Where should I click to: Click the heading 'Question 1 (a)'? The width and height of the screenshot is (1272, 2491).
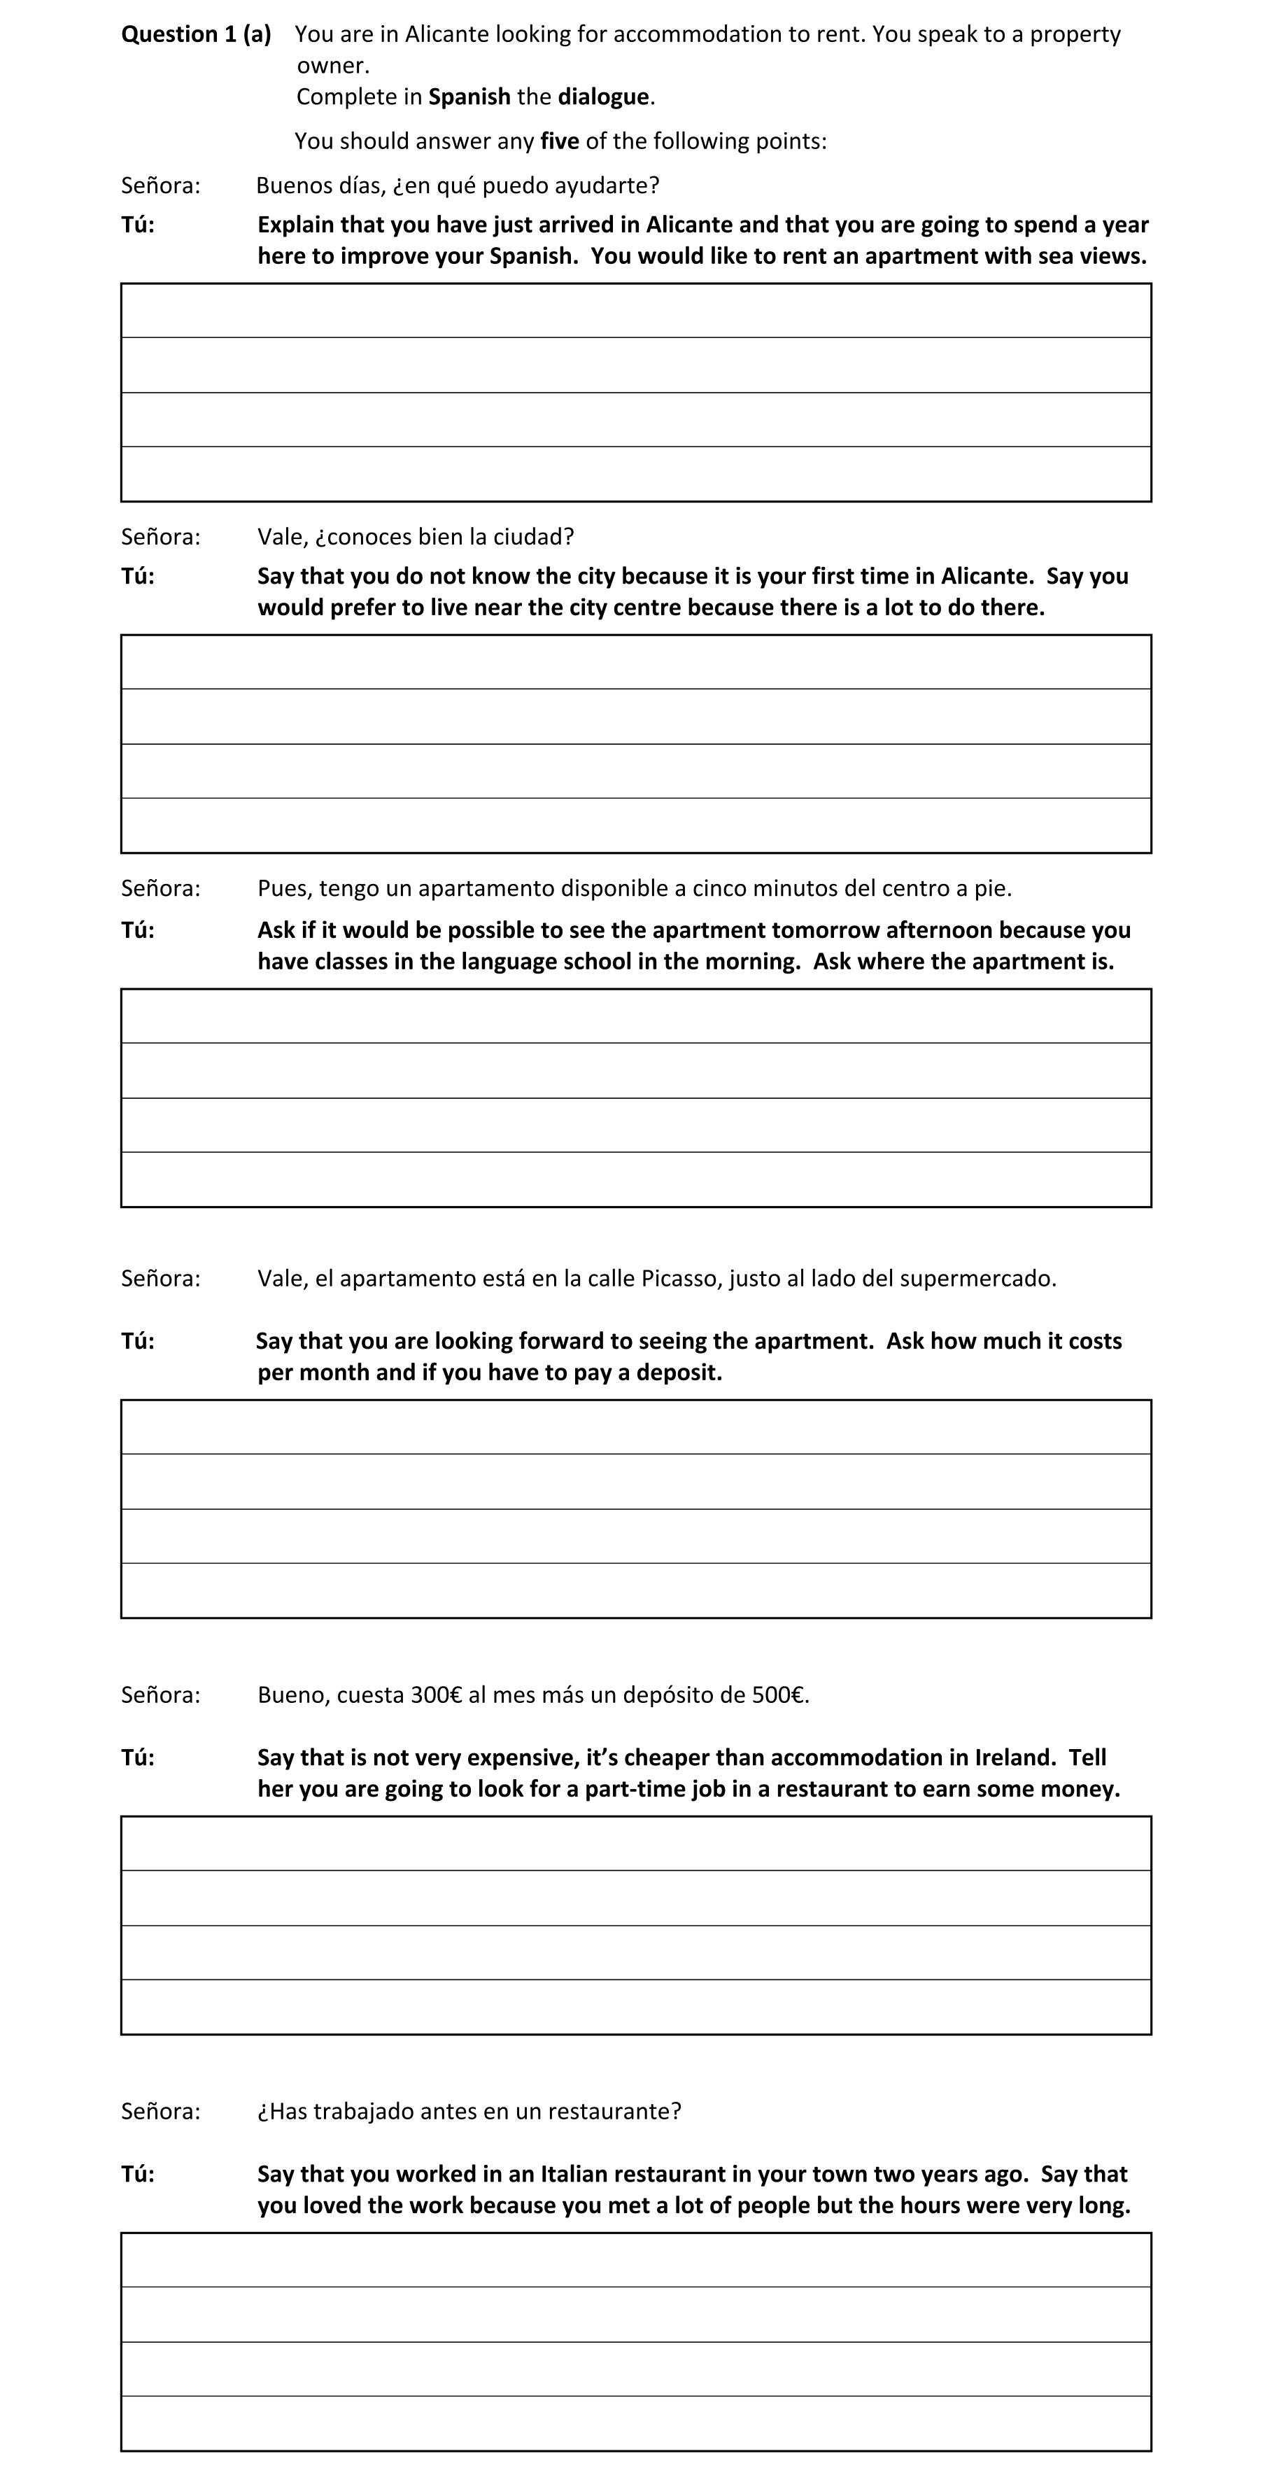(195, 35)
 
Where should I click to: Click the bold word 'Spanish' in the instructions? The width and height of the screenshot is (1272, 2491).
(469, 97)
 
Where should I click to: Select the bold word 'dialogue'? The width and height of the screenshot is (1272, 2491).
(602, 97)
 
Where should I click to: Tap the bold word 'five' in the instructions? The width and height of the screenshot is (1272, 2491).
(560, 141)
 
